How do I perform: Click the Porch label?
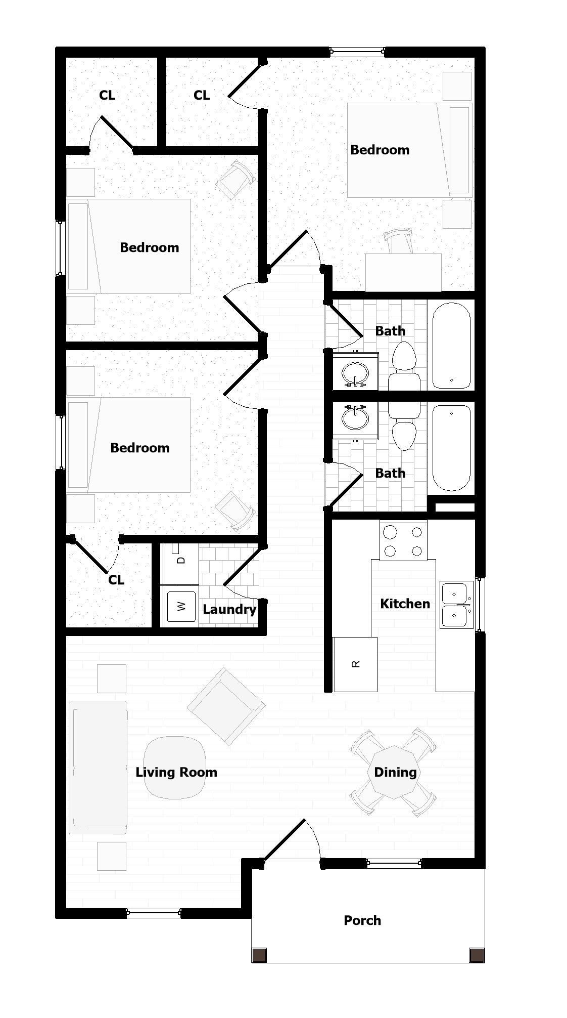(362, 920)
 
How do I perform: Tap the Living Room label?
(176, 772)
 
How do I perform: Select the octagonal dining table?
(394, 772)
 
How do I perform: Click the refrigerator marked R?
(355, 664)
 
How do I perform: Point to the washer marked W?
(180, 606)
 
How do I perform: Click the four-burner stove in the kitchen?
(403, 540)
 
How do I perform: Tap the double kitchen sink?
(456, 605)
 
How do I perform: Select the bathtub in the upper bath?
(451, 346)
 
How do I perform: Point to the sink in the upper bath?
(356, 372)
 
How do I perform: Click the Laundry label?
(229, 610)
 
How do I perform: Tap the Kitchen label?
(405, 604)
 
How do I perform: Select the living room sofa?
(98, 768)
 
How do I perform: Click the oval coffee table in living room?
(175, 768)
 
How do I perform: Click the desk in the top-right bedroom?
(403, 272)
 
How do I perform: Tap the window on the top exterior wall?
(357, 51)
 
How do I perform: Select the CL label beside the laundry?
(116, 580)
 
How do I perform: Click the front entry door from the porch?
(284, 840)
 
